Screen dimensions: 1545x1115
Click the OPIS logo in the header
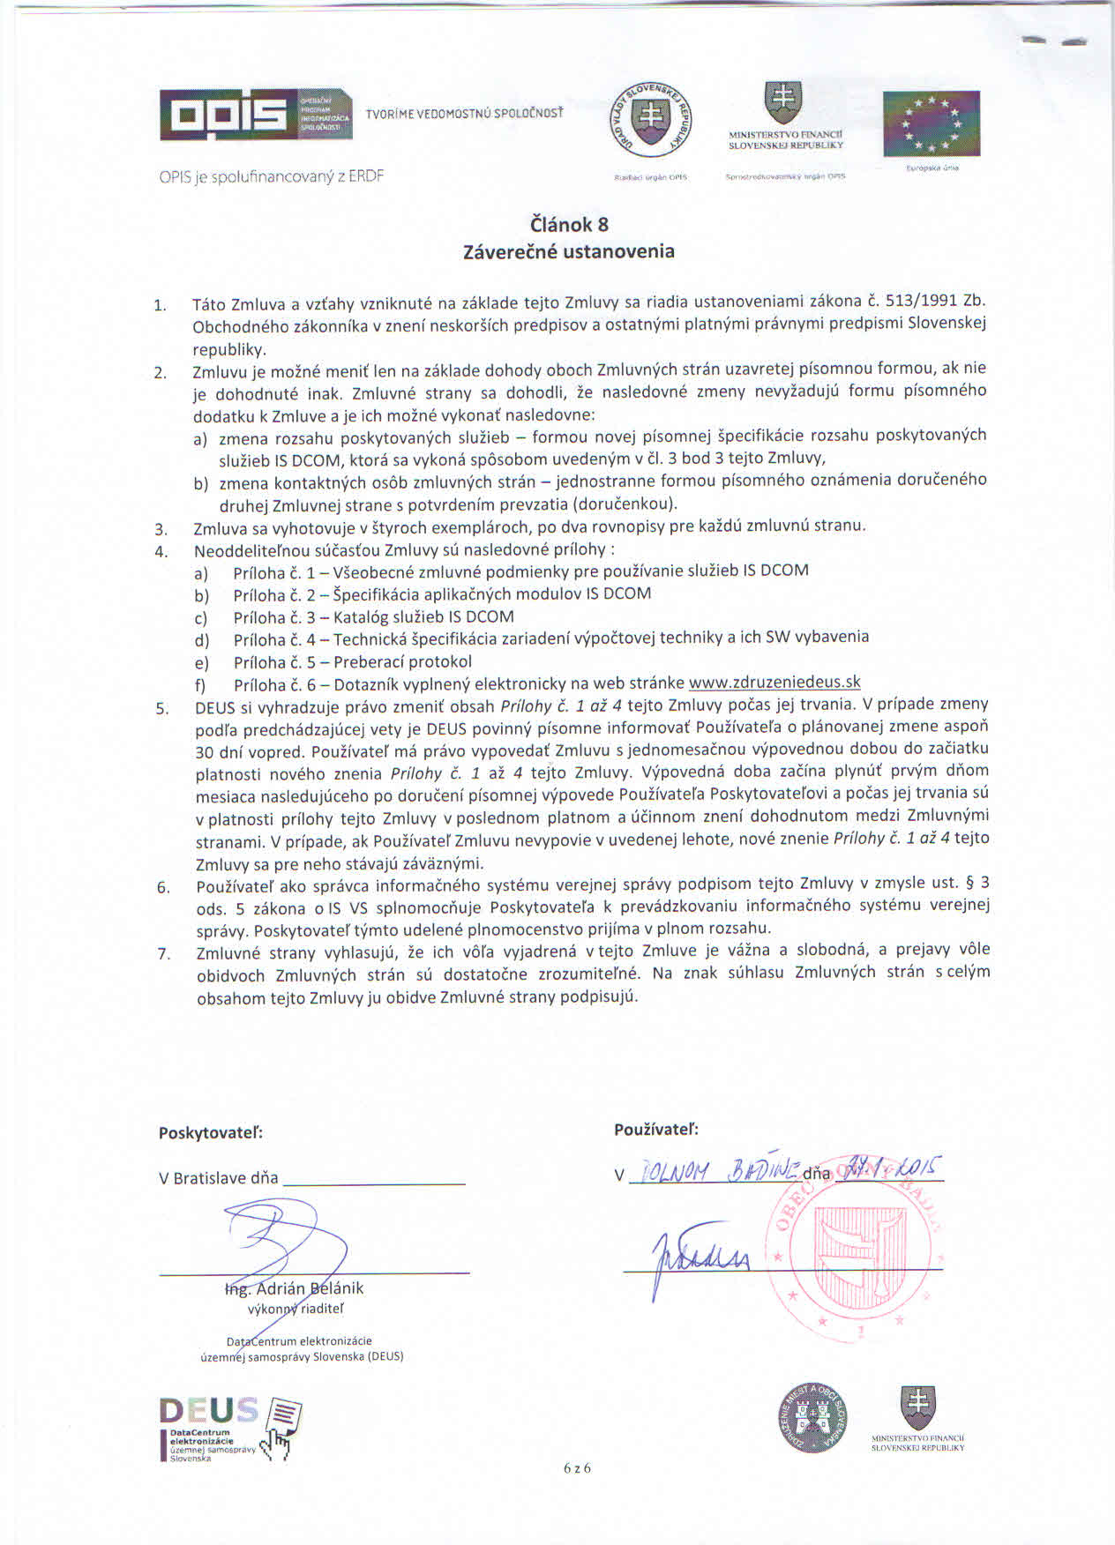pyautogui.click(x=256, y=115)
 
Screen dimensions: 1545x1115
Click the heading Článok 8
pyautogui.click(x=569, y=224)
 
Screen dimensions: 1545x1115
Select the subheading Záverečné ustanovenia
pyautogui.click(x=569, y=251)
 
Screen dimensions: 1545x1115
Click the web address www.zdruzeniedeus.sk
pyautogui.click(x=775, y=682)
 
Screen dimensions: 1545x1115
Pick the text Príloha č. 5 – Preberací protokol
pyautogui.click(x=353, y=661)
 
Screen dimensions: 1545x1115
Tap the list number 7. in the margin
pyautogui.click(x=163, y=953)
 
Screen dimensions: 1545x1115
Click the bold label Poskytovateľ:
pyautogui.click(x=211, y=1133)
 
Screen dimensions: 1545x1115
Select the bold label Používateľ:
pyautogui.click(x=656, y=1129)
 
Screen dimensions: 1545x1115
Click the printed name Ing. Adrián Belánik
pyautogui.click(x=295, y=1288)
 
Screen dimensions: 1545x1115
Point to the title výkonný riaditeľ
pyautogui.click(x=296, y=1309)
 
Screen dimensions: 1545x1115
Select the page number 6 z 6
pyautogui.click(x=577, y=1468)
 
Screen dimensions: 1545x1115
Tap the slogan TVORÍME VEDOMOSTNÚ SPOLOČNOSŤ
pyautogui.click(x=464, y=114)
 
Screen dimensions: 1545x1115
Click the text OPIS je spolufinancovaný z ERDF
pyautogui.click(x=271, y=175)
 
